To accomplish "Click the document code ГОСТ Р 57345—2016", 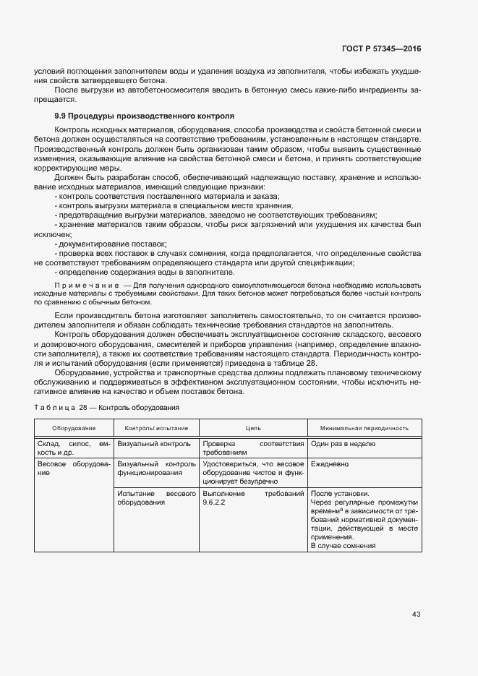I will [380, 48].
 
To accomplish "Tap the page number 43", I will [416, 615].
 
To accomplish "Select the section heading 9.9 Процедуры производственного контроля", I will [145, 116].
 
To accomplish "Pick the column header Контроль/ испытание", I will [157, 428].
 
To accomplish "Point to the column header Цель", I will [252, 428].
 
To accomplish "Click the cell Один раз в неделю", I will [343, 444].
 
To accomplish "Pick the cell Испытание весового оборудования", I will [156, 498].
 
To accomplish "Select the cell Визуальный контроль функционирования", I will [156, 468].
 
